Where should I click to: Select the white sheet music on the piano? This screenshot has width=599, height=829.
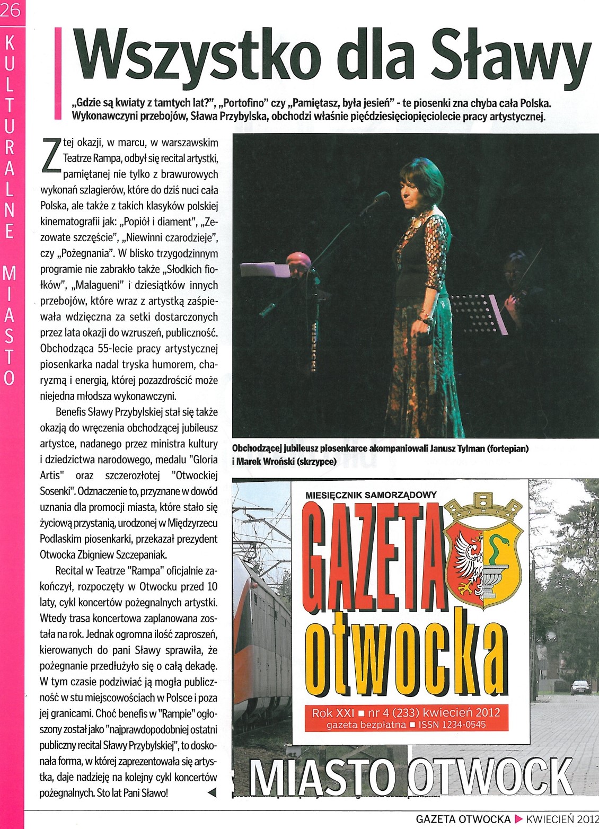(265, 269)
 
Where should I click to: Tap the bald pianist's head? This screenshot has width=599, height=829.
(298, 262)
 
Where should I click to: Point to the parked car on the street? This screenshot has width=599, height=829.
(580, 687)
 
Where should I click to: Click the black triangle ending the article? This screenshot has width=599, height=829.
(212, 793)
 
